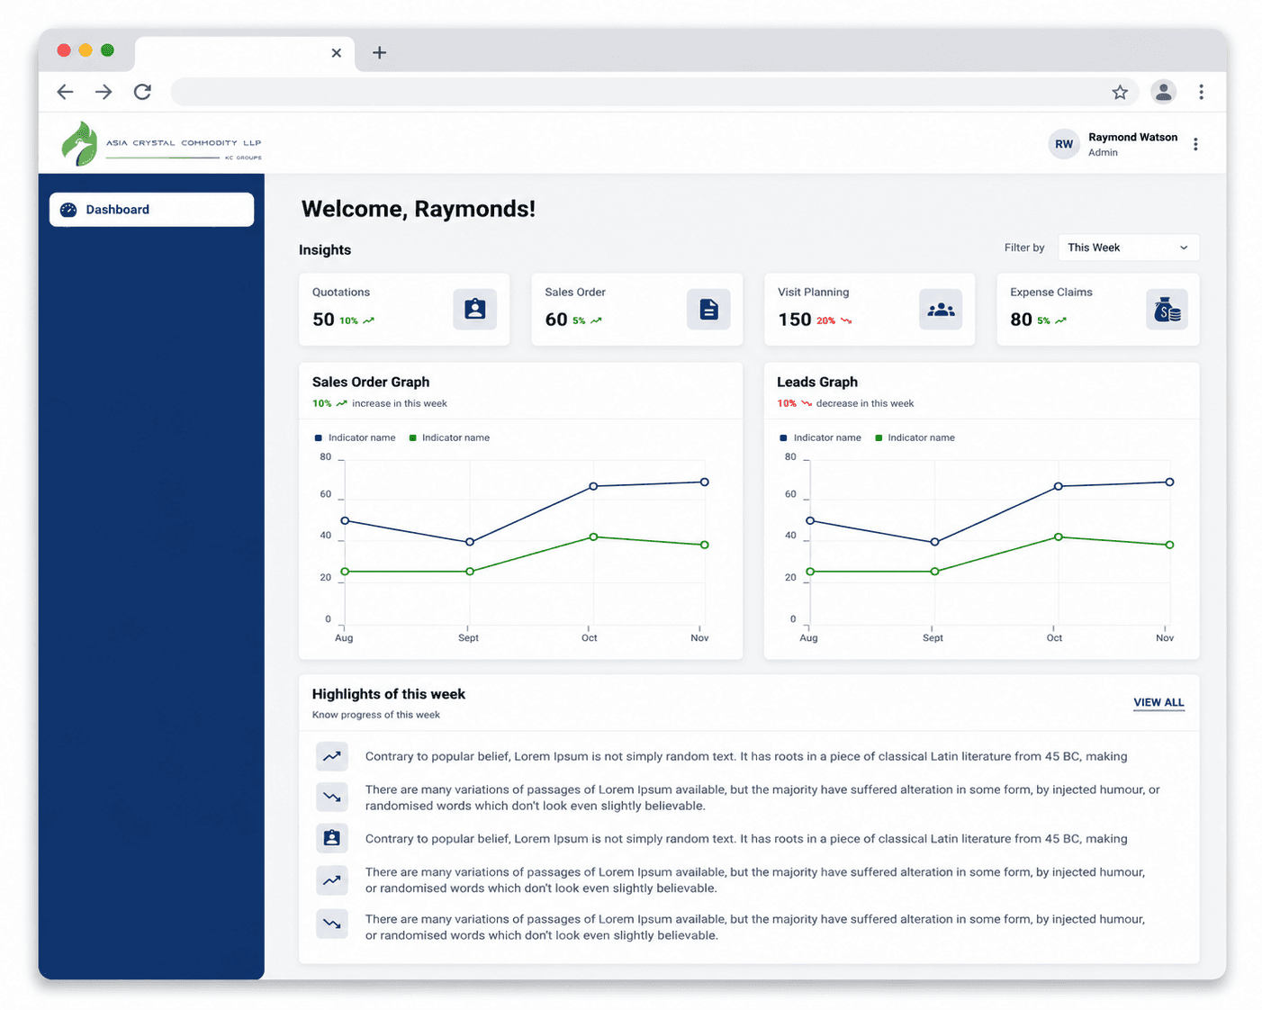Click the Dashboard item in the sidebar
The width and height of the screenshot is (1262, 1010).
click(151, 210)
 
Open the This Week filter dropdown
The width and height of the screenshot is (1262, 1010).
click(1128, 248)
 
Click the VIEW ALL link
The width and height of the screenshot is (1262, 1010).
click(1158, 702)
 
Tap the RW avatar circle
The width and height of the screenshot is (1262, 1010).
click(1063, 144)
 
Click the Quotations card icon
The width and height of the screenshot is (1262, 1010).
click(474, 309)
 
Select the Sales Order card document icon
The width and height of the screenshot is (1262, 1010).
click(708, 309)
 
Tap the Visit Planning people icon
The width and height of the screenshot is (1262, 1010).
click(941, 309)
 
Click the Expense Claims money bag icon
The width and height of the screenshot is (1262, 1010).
click(1167, 309)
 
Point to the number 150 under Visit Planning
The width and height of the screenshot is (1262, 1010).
click(794, 320)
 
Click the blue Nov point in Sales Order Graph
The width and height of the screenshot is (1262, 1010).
click(704, 482)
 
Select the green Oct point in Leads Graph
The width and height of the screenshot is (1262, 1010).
click(1058, 537)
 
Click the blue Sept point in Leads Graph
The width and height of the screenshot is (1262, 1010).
click(934, 542)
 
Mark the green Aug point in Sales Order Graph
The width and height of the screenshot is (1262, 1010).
click(345, 572)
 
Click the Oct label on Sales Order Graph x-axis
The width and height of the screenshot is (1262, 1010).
click(589, 637)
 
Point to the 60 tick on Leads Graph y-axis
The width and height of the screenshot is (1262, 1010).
click(790, 494)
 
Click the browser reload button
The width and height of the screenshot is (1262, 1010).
click(142, 92)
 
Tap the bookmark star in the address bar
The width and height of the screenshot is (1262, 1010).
click(1120, 92)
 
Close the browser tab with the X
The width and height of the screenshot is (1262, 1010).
click(336, 53)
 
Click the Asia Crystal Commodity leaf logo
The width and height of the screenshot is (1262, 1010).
click(79, 144)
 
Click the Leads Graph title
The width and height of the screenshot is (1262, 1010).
click(817, 382)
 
